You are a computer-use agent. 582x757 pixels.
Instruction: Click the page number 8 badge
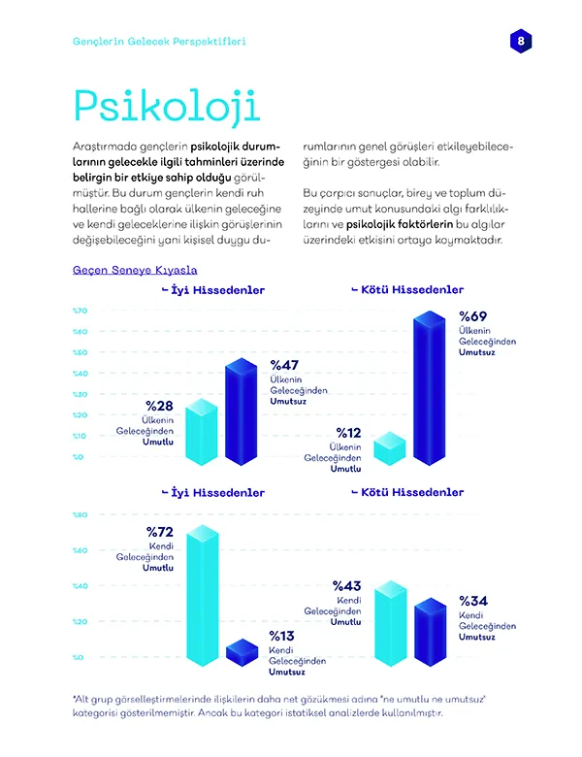click(x=522, y=41)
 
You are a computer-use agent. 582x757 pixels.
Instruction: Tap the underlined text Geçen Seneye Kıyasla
click(x=135, y=270)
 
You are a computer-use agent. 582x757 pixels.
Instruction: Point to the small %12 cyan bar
click(x=389, y=448)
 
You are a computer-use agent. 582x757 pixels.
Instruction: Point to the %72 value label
click(x=159, y=532)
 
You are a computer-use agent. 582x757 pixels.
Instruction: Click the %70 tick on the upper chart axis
click(x=80, y=311)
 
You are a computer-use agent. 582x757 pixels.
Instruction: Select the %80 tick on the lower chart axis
click(x=80, y=514)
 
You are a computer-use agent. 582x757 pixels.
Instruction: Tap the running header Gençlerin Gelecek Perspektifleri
click(x=159, y=42)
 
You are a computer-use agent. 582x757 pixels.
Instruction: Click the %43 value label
click(x=347, y=586)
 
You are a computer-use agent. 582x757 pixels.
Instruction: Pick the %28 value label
click(x=159, y=405)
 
